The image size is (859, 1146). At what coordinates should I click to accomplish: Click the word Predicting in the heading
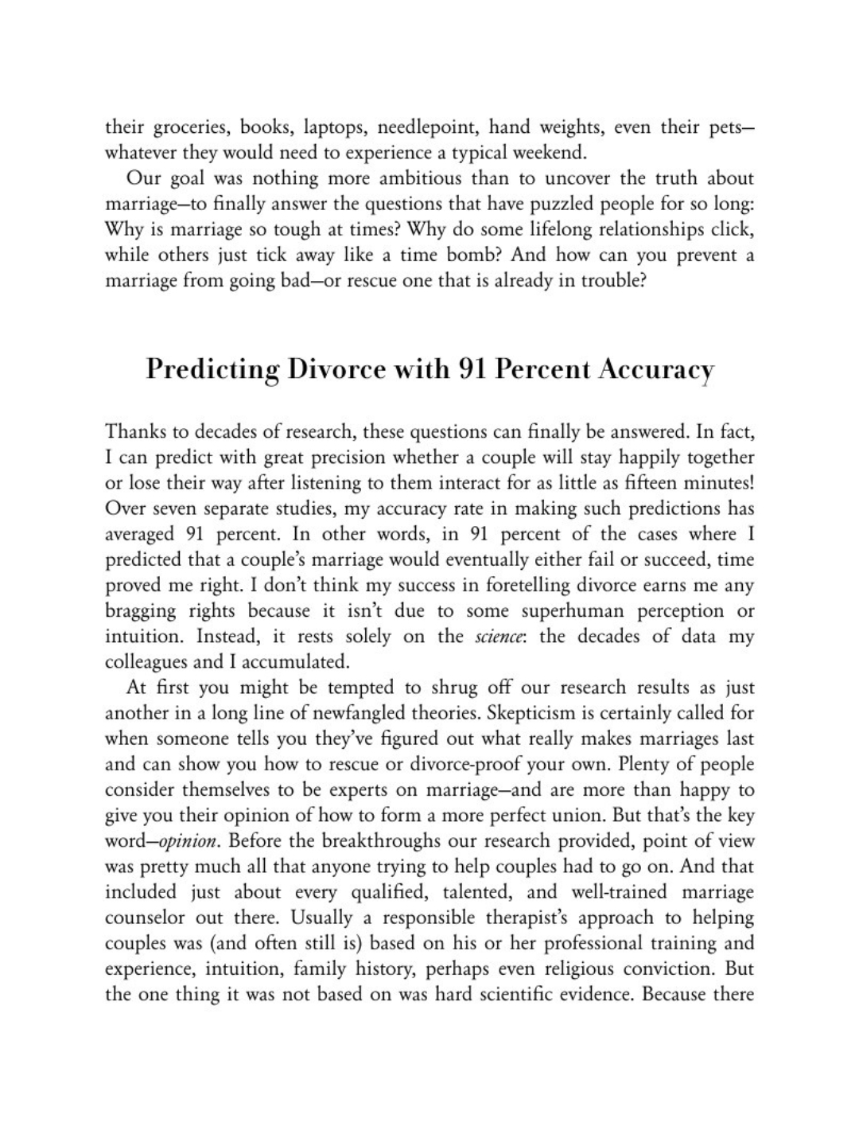(212, 370)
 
